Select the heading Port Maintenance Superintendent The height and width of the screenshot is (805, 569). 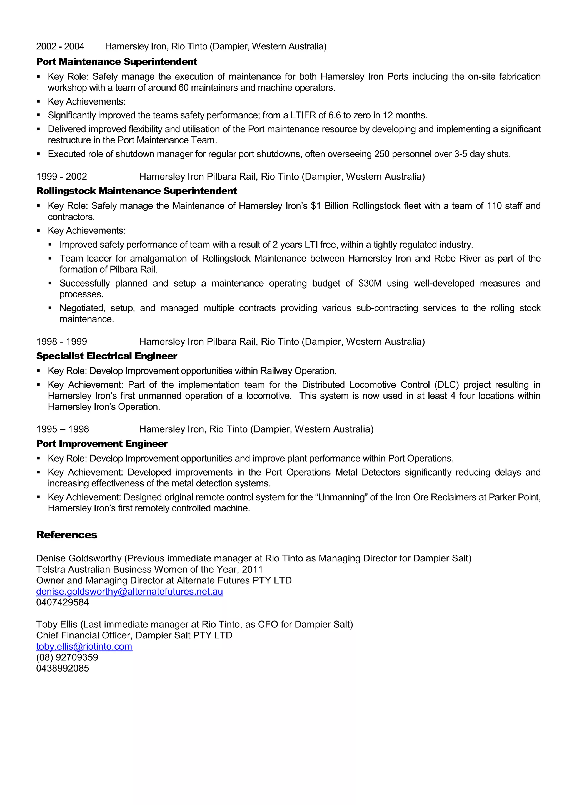117,62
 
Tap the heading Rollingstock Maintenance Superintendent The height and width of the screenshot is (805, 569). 136,191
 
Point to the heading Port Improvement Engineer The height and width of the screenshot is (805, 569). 102,444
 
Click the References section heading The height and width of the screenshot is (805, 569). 67,535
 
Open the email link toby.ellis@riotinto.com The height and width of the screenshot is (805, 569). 84,647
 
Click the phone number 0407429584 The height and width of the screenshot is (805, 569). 62,602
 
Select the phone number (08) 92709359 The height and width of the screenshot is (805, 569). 67,657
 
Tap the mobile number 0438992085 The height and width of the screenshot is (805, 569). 62,668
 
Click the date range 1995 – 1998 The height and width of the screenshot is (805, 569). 62,429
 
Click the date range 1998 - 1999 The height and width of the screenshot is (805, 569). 61,342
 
